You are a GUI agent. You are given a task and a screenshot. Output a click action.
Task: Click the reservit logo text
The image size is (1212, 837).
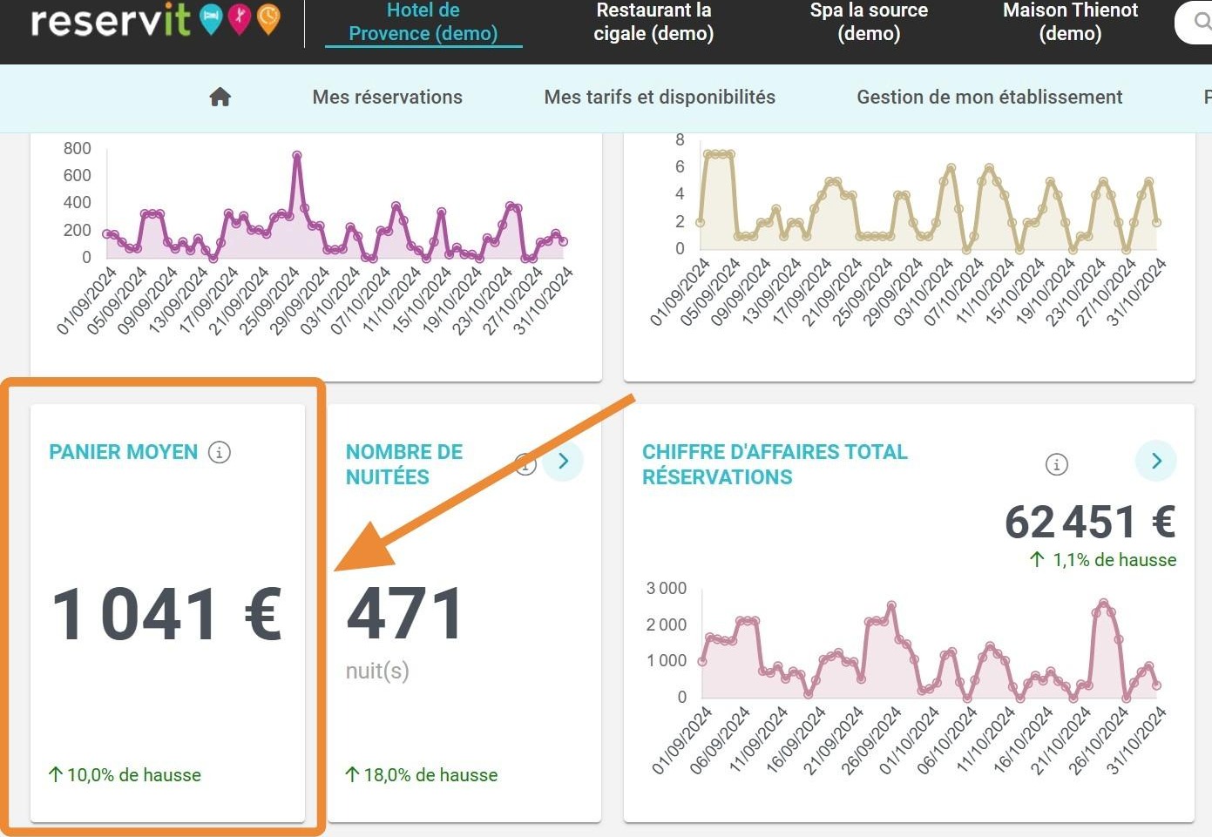(x=111, y=20)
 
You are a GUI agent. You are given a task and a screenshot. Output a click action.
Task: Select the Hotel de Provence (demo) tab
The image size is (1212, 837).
(x=423, y=22)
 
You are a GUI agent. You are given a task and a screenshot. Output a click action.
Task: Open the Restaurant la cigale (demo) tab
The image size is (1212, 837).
(x=653, y=22)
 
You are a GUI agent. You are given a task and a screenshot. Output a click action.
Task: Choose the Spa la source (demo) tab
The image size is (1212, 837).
(x=869, y=22)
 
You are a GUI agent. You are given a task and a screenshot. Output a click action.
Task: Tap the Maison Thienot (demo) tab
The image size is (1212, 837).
(x=1070, y=22)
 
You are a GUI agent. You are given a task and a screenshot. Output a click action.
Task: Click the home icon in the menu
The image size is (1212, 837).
(x=220, y=98)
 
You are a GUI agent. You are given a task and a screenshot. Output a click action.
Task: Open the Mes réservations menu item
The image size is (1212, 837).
(x=388, y=98)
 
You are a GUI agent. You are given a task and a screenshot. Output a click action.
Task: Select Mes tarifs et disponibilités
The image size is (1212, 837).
(x=660, y=98)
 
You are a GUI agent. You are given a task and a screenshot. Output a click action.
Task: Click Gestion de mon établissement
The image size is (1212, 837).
(x=990, y=98)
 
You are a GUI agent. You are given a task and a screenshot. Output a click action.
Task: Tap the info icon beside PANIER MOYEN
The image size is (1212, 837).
(x=219, y=452)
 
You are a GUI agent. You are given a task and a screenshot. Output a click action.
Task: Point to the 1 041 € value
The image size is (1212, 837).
(x=166, y=614)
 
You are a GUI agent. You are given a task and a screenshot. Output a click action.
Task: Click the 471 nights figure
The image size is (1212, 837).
(x=404, y=614)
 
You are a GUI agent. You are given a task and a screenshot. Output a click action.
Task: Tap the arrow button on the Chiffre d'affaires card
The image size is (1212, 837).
(x=1155, y=461)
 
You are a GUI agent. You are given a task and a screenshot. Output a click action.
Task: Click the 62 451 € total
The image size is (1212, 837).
(x=1090, y=522)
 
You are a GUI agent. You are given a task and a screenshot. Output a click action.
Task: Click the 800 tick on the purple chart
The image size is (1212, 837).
(x=77, y=148)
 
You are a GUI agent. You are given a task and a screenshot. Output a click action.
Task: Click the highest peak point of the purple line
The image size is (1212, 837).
(x=296, y=156)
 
